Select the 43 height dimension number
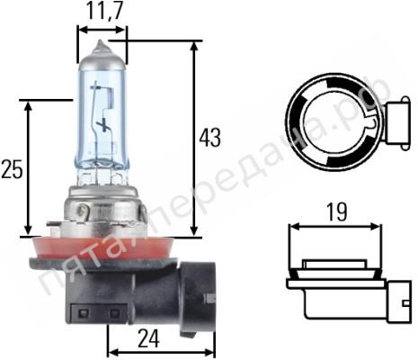pos(210,138)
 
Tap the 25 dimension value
pos(12,169)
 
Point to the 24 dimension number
pos(148,339)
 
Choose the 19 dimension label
pos(336,212)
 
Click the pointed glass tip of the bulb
pos(102,46)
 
